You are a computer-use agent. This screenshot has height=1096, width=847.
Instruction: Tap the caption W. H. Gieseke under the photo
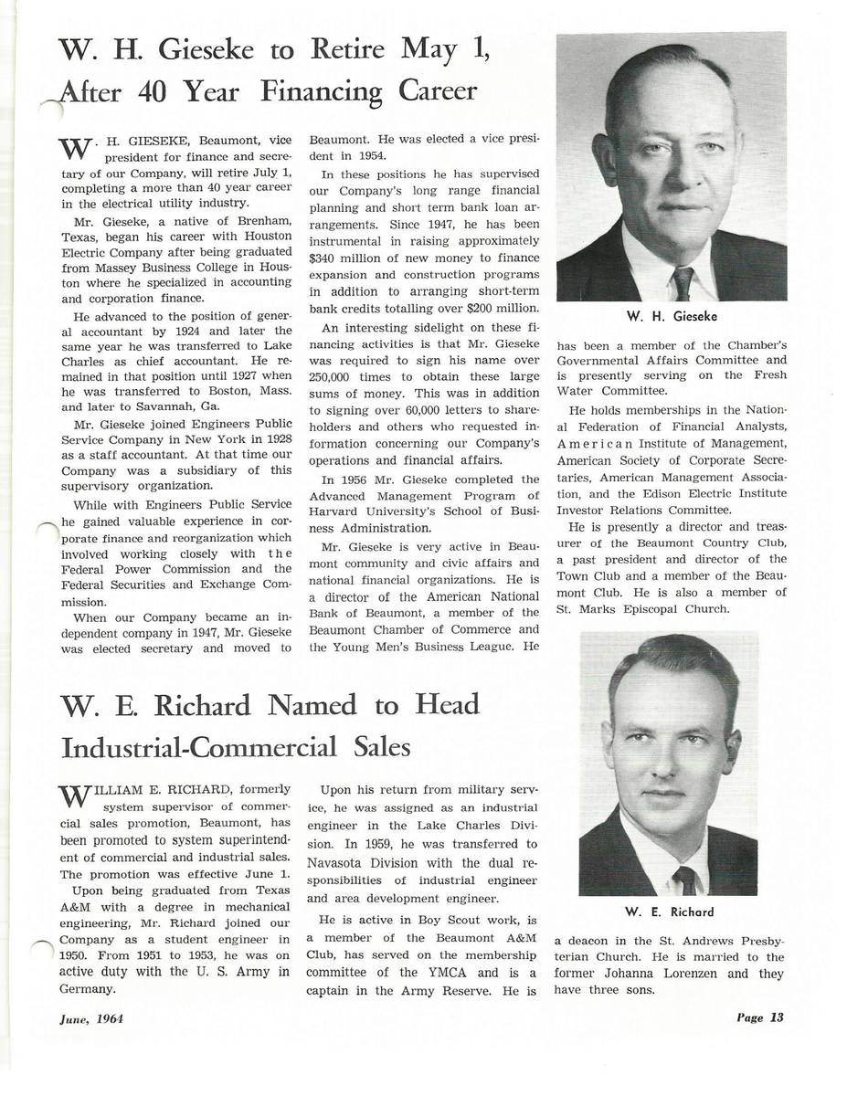tap(672, 316)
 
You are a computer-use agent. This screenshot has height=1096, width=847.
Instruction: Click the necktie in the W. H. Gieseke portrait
tap(682, 282)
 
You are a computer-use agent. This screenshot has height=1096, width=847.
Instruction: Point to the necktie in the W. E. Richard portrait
tap(683, 880)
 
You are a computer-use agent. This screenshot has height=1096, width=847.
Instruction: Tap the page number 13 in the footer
tap(777, 1017)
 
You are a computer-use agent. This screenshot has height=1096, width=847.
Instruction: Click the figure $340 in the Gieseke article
tap(324, 258)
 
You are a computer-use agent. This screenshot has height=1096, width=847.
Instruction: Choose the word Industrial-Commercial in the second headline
tap(200, 749)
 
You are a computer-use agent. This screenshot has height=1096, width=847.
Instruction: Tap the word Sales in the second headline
tap(381, 749)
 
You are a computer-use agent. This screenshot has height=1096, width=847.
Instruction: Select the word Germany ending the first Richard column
tap(87, 989)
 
